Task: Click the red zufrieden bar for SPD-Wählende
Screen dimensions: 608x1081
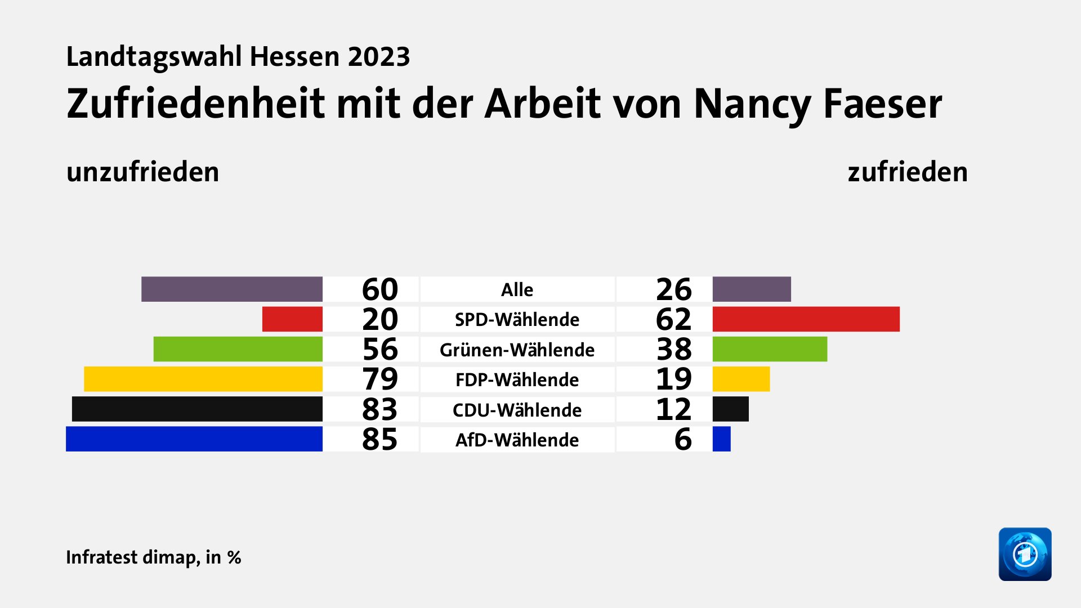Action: pyautogui.click(x=806, y=319)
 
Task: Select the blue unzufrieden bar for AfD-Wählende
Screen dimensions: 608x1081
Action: pyautogui.click(x=194, y=439)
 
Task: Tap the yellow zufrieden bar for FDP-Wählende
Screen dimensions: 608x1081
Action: pyautogui.click(x=741, y=379)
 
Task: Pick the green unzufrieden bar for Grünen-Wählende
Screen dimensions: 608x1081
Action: pyautogui.click(x=238, y=349)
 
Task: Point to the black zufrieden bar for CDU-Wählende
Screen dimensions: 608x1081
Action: pyautogui.click(x=730, y=409)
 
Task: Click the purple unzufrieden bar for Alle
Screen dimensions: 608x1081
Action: pyautogui.click(x=231, y=289)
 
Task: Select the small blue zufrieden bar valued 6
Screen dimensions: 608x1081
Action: pyautogui.click(x=721, y=439)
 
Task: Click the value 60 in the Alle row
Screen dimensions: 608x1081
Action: pyautogui.click(x=379, y=289)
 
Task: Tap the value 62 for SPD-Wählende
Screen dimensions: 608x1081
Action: pyautogui.click(x=673, y=319)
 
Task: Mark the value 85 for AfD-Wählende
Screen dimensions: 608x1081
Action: pyautogui.click(x=379, y=439)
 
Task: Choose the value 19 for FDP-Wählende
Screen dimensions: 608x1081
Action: pyautogui.click(x=673, y=379)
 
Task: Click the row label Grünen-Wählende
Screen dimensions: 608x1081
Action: pyautogui.click(x=517, y=350)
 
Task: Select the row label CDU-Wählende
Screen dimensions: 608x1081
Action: pyautogui.click(x=517, y=410)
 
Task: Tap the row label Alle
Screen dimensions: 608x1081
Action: pyautogui.click(x=517, y=290)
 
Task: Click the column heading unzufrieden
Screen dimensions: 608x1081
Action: pyautogui.click(x=142, y=172)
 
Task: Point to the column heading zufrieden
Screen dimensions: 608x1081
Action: pyautogui.click(x=908, y=172)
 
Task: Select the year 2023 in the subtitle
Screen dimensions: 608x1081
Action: pyautogui.click(x=378, y=57)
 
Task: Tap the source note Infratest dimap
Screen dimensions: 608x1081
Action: pyautogui.click(x=132, y=557)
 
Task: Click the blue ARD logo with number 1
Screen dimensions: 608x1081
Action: pyautogui.click(x=1025, y=554)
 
